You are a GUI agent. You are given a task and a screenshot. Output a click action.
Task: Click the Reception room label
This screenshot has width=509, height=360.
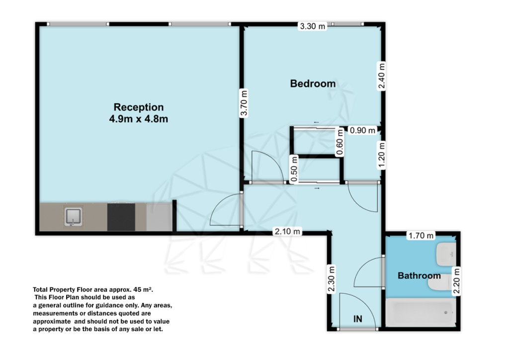pos(139,107)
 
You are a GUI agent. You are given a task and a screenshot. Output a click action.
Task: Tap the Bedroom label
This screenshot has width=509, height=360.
pos(313,84)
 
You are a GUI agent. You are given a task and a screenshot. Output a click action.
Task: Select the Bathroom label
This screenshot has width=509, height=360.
pos(419,275)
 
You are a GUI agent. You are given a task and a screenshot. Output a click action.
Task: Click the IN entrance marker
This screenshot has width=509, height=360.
pos(358,319)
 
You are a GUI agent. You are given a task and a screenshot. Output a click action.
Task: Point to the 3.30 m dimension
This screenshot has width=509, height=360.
pos(312,26)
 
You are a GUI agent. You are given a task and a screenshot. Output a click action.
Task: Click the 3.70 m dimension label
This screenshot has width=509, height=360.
pos(244,103)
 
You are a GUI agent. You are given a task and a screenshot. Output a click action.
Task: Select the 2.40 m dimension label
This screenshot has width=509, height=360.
pos(381,75)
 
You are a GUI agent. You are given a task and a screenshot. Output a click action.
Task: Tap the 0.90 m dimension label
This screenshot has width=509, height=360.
pos(362,130)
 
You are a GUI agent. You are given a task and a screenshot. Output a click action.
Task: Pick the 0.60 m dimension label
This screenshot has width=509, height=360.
pos(340,143)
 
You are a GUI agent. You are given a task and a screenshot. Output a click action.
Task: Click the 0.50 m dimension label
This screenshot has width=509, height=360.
pos(294,170)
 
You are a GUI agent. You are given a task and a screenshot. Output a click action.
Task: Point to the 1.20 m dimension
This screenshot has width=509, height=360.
pos(381,155)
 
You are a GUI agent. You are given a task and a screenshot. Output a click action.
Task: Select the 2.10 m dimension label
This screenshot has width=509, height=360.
pos(288,231)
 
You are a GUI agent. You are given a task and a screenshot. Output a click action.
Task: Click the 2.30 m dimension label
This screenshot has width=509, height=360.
pos(331,279)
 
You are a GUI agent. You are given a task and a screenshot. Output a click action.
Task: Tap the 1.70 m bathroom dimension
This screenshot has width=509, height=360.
pos(421,235)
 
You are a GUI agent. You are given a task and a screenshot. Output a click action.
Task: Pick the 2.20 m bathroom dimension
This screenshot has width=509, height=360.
pos(456,281)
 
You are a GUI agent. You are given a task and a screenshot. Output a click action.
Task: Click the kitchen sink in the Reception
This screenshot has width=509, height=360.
pos(73,217)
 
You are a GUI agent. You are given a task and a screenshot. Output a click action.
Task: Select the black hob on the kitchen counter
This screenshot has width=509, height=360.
pos(121,217)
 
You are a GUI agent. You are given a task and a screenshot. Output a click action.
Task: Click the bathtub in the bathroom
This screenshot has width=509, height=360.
pos(422,313)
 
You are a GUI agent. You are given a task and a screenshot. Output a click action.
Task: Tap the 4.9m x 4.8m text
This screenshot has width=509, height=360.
pos(139,119)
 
